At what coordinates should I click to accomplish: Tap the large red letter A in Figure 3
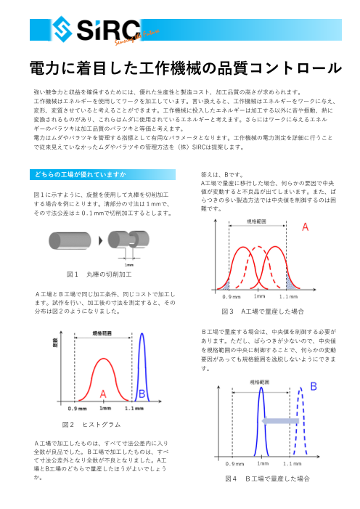pyautogui.click(x=306, y=227)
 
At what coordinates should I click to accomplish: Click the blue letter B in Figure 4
pyautogui.click(x=313, y=386)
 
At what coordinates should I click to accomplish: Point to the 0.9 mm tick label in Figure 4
pyautogui.click(x=234, y=463)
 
